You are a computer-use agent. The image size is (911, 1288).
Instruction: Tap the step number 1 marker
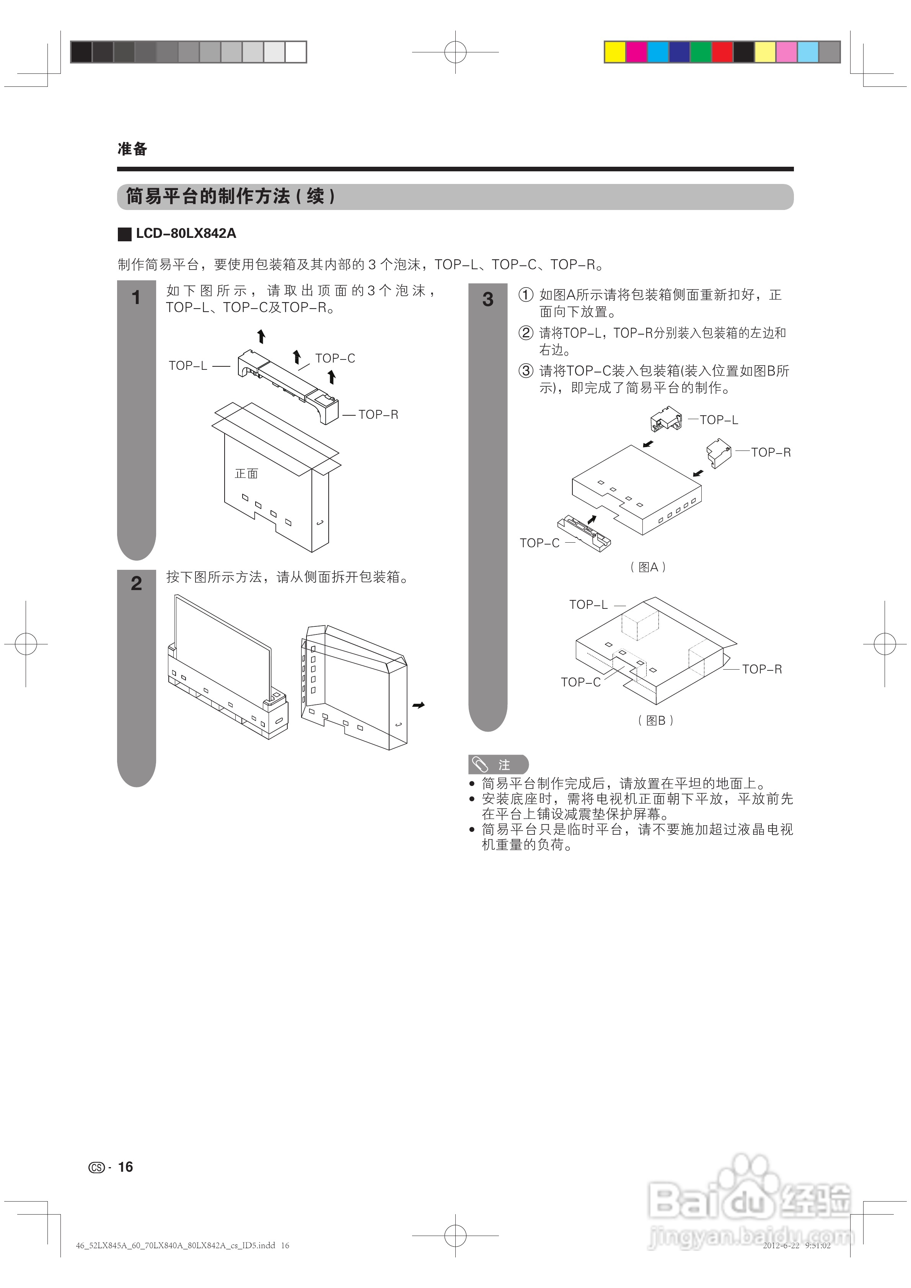(136, 297)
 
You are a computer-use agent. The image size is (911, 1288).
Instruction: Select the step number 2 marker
(136, 584)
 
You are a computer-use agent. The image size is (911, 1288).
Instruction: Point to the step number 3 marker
(488, 299)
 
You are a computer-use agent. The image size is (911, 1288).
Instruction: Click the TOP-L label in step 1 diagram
(188, 366)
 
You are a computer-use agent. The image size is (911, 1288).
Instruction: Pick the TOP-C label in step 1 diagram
(335, 358)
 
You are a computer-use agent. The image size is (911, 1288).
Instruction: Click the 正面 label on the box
(246, 473)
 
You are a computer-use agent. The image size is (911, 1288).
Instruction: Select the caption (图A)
(648, 567)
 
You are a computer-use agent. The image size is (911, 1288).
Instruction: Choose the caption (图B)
(655, 720)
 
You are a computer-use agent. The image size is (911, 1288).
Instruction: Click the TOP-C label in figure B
(580, 682)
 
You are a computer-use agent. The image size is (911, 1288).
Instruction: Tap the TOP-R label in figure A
(770, 452)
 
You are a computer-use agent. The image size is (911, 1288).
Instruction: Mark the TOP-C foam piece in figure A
(584, 533)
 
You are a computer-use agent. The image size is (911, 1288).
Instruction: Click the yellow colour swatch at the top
(614, 52)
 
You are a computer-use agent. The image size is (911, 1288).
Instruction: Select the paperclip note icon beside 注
(480, 764)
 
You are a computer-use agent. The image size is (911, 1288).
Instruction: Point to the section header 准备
(132, 149)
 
